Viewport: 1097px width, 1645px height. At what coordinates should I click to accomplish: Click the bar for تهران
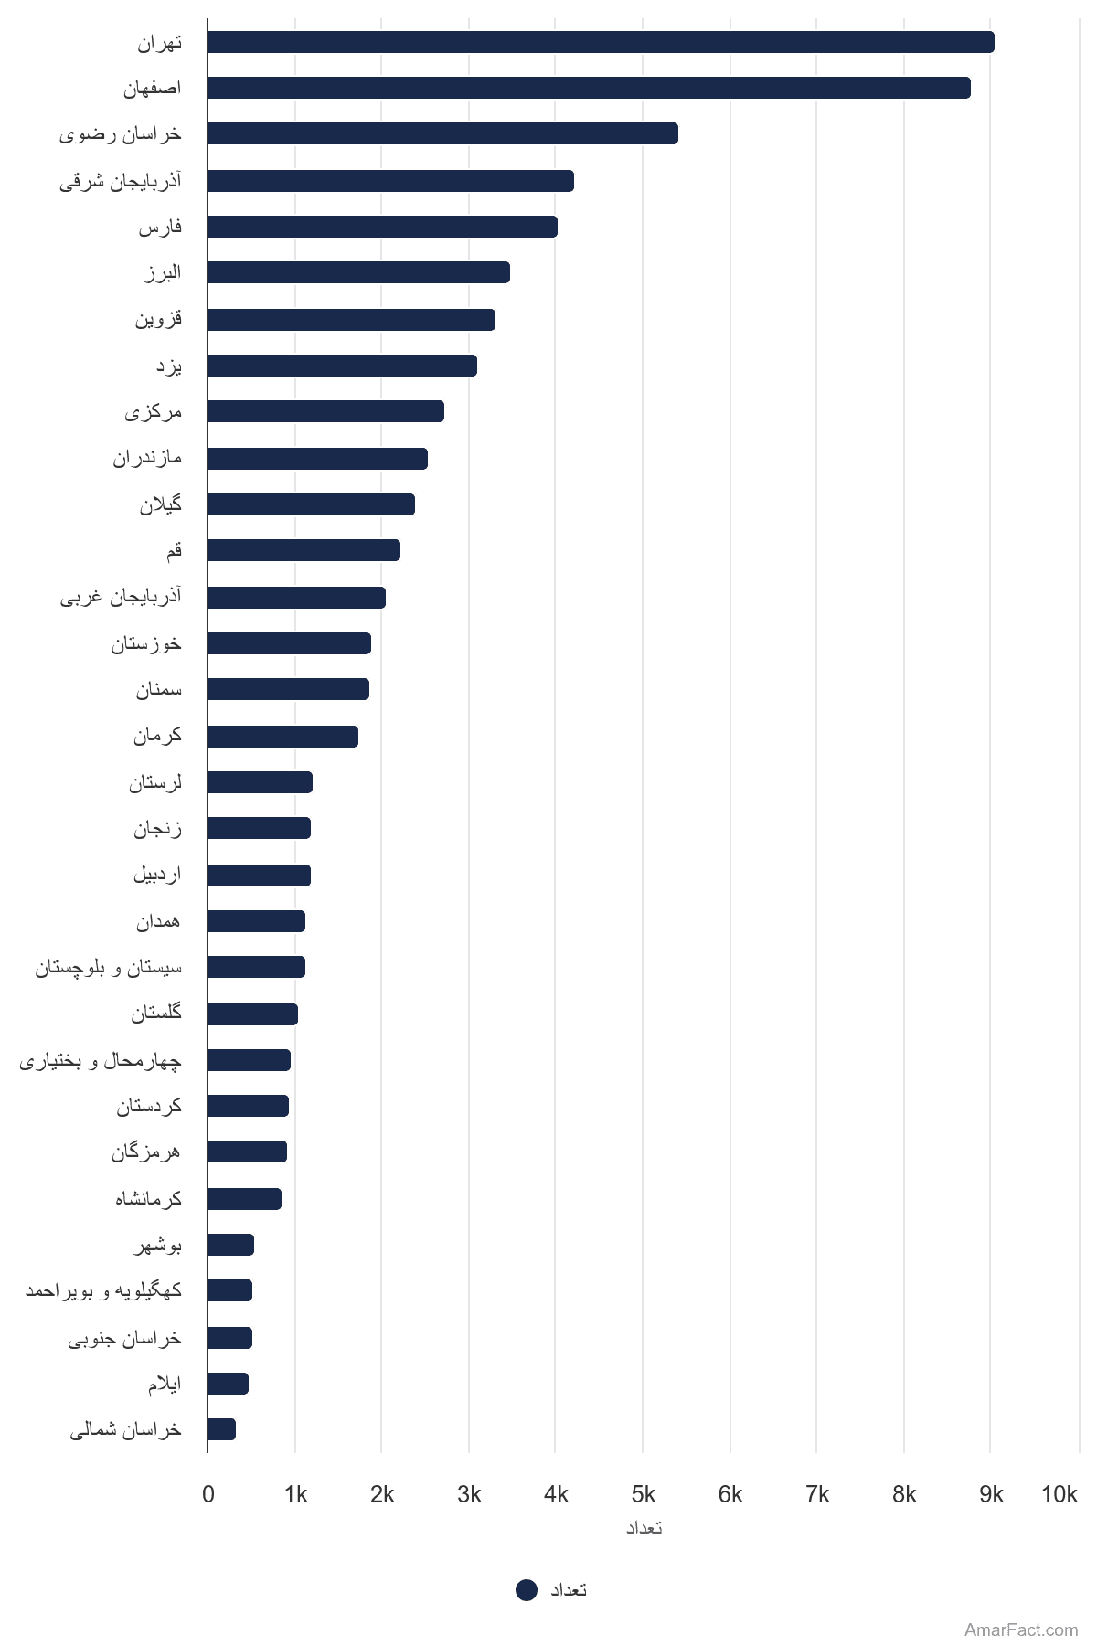601,42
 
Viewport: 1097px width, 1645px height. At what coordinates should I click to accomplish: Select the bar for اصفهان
589,88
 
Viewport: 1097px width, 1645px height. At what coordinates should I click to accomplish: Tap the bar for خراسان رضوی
442,133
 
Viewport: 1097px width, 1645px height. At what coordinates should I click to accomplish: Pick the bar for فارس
382,227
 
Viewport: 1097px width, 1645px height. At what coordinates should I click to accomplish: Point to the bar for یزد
342,366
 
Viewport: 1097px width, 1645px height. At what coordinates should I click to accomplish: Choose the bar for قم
304,550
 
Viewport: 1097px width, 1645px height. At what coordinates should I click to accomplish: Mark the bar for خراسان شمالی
221,1429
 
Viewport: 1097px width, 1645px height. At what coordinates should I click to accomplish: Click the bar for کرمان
282,737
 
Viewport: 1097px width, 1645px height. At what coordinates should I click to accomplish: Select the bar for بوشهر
230,1245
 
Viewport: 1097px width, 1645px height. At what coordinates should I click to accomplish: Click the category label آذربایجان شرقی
121,181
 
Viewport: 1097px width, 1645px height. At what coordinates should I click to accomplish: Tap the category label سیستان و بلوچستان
109,967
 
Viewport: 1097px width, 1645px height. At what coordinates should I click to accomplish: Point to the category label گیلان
161,504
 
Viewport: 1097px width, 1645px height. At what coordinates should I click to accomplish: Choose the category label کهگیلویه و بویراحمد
103,1290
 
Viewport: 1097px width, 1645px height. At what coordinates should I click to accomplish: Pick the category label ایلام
165,1384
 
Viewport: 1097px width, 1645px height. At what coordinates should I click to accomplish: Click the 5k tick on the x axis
644,1494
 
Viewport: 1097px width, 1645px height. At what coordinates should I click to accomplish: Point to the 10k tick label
1059,1494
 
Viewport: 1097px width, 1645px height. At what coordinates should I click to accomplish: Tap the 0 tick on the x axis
208,1494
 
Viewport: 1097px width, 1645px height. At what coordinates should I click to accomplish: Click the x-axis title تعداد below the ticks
644,1528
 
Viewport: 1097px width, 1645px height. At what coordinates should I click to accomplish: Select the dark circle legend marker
527,1590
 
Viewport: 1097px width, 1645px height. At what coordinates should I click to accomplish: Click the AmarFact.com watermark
1021,1629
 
